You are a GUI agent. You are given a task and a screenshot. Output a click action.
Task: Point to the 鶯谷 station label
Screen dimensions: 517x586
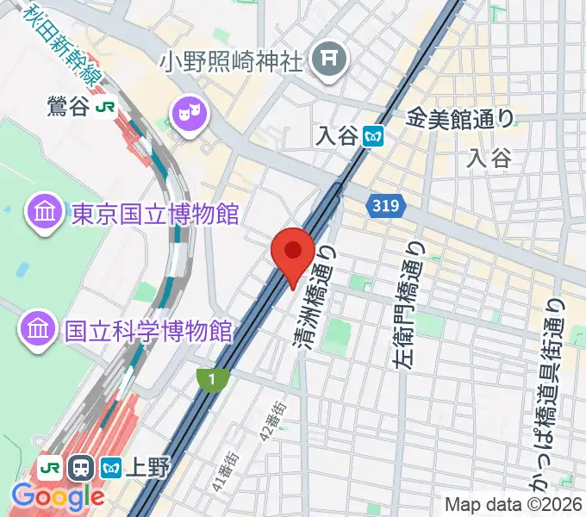point(69,107)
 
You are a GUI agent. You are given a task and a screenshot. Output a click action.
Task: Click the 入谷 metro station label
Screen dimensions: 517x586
point(336,135)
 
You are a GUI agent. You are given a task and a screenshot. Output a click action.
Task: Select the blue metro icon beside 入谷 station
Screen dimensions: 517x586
point(373,135)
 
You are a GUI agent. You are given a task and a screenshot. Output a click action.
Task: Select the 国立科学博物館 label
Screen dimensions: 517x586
point(149,329)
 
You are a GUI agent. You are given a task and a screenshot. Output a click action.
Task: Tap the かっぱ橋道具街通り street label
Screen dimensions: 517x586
point(552,396)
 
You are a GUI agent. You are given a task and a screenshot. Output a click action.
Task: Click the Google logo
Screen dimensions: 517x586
point(58,495)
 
